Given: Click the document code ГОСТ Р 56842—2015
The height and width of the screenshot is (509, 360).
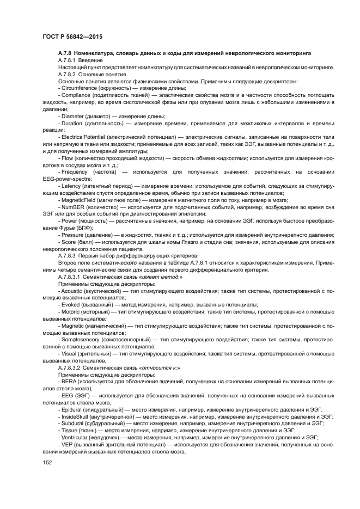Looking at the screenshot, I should [x=72, y=37].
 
